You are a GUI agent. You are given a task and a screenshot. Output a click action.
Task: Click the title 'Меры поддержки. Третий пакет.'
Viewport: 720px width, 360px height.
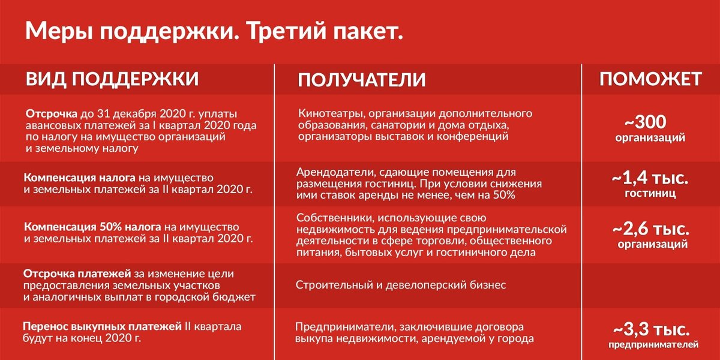(x=214, y=32)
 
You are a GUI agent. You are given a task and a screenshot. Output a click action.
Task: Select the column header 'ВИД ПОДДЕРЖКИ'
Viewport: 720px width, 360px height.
(x=112, y=79)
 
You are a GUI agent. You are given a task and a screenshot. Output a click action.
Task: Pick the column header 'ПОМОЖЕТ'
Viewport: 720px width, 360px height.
(x=650, y=79)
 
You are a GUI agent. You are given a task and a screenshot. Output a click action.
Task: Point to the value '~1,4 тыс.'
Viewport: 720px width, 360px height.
(x=650, y=179)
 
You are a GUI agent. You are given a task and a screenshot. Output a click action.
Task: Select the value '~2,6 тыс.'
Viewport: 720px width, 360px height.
(x=650, y=229)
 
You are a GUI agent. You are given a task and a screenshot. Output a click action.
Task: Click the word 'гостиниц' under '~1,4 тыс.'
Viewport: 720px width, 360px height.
(x=650, y=194)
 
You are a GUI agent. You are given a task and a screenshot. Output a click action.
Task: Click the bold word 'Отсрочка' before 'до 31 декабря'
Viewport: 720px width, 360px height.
(x=52, y=114)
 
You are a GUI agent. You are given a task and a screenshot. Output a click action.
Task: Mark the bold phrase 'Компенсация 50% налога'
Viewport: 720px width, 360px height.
(x=92, y=228)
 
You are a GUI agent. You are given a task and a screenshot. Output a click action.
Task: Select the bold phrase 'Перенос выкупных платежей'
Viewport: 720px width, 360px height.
(x=102, y=327)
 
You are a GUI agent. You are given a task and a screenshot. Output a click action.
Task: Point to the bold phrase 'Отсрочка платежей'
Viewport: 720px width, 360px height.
(x=68, y=274)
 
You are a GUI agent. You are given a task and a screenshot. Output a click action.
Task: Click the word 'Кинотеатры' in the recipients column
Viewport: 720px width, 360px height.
(x=331, y=113)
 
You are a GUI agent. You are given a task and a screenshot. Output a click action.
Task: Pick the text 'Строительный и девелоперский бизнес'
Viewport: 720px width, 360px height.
(x=400, y=285)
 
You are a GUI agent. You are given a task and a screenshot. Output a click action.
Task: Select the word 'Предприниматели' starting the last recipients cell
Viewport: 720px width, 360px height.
(x=341, y=327)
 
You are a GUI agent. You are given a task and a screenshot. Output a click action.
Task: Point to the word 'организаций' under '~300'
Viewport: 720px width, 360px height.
(x=650, y=138)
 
